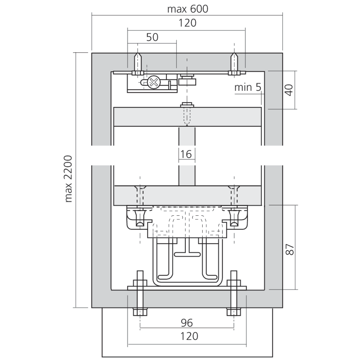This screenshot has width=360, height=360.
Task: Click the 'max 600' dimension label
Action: (188, 9)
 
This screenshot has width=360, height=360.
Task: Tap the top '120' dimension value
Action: (188, 23)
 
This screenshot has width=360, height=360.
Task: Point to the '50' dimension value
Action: (152, 37)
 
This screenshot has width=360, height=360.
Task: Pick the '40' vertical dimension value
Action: (289, 89)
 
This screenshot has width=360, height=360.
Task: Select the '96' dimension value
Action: (187, 322)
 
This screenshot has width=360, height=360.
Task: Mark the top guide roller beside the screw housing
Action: (188, 80)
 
